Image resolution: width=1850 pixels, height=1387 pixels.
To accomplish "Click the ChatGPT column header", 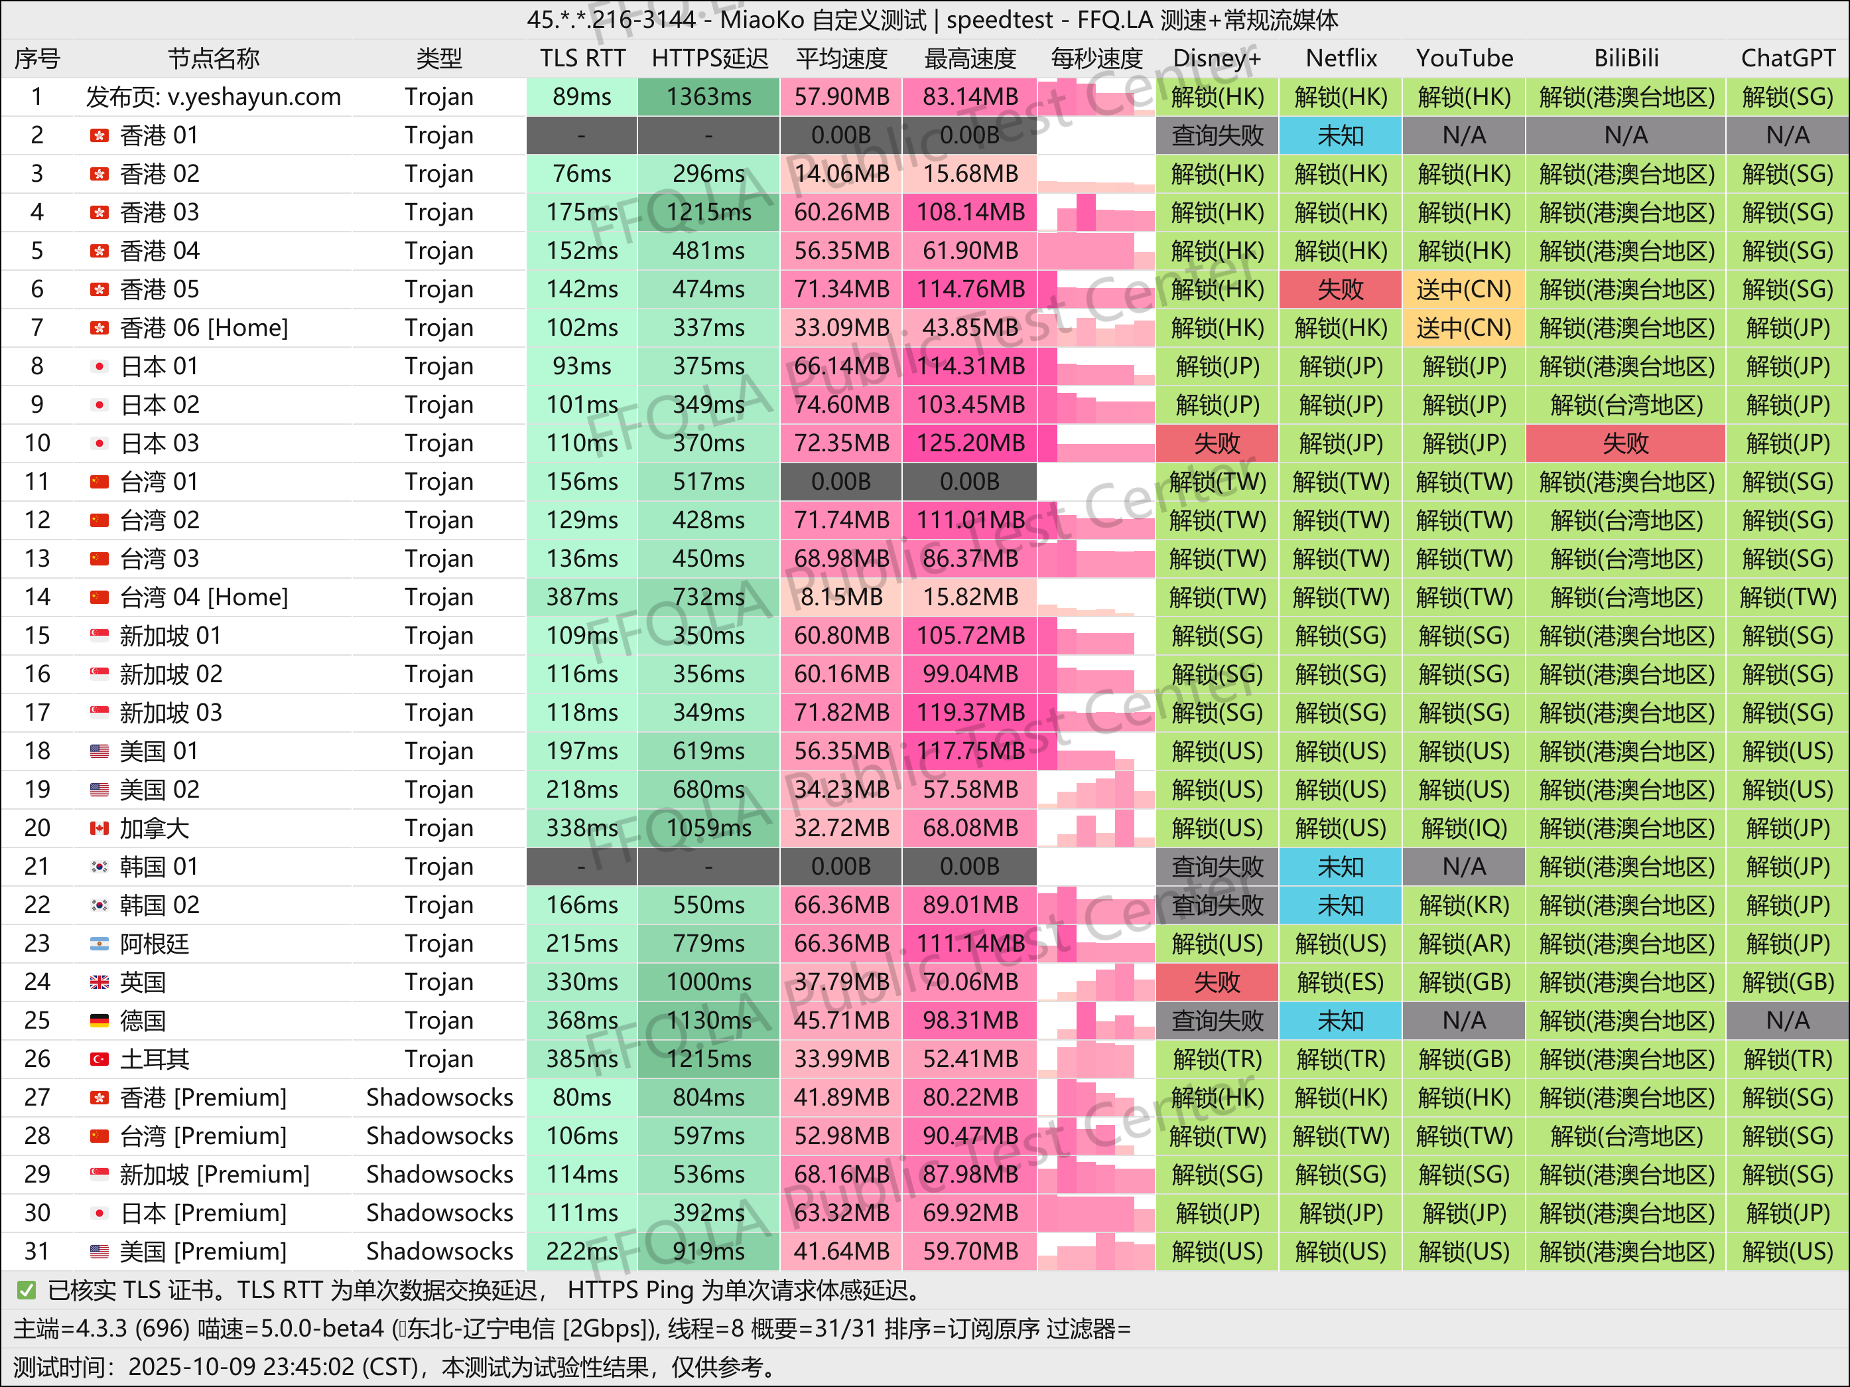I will (x=1787, y=58).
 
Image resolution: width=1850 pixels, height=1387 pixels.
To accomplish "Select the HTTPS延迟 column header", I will (x=709, y=58).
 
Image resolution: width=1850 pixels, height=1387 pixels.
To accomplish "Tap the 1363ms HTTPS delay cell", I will (x=708, y=97).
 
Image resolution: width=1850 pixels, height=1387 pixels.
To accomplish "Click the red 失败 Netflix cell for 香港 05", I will (x=1340, y=289).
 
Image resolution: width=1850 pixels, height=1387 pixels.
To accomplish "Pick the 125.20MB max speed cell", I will (x=969, y=443).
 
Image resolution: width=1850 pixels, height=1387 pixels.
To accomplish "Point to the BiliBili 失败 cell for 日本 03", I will (x=1625, y=443).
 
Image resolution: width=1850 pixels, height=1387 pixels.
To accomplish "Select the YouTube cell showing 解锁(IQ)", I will (x=1463, y=828).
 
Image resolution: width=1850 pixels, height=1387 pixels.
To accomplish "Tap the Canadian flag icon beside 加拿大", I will (x=99, y=828).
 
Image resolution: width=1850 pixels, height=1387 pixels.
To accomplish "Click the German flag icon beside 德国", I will (x=99, y=1021).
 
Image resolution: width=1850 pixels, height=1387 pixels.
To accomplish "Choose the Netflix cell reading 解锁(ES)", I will (x=1340, y=982).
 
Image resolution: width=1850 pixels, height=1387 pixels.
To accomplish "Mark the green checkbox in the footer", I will (x=27, y=1290).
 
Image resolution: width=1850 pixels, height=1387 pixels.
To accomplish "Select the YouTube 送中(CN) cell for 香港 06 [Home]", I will (x=1463, y=328).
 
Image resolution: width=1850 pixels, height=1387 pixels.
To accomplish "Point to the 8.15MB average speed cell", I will (x=840, y=597).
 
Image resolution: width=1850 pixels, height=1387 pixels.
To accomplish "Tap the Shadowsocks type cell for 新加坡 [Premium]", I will (x=439, y=1175).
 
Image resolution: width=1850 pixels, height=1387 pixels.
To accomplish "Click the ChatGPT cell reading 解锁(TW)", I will (x=1787, y=597).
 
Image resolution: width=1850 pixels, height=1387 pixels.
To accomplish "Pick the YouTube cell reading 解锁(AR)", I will (x=1463, y=944).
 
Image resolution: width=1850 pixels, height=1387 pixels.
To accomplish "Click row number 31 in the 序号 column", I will (x=36, y=1252).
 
